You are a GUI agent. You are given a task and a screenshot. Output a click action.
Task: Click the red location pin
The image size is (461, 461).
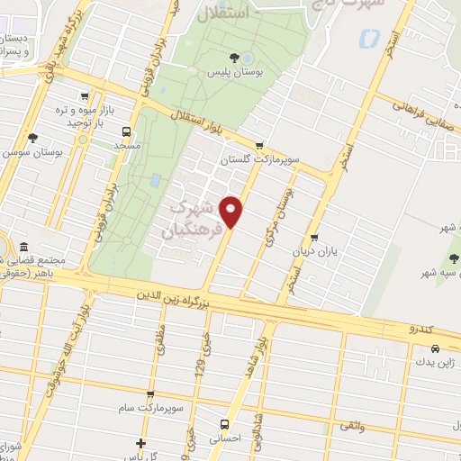coord(232,212)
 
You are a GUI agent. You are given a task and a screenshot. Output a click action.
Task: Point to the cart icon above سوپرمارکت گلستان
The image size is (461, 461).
coord(260,144)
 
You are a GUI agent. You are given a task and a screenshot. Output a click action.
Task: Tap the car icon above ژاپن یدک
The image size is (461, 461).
coord(434,348)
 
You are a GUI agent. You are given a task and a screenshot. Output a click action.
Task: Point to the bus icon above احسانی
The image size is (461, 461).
coord(225,424)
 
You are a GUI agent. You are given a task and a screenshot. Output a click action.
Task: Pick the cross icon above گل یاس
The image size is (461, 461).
coord(140,443)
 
